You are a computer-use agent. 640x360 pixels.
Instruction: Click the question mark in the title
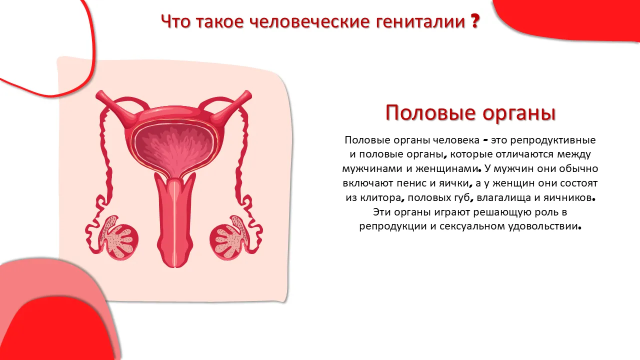pyautogui.click(x=475, y=21)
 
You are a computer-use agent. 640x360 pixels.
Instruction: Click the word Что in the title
pyautogui.click(x=175, y=21)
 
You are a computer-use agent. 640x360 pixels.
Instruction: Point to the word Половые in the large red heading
pyautogui.click(x=430, y=113)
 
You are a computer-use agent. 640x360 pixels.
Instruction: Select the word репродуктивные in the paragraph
pyautogui.click(x=553, y=140)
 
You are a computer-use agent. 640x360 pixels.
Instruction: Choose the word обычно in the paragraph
pyautogui.click(x=578, y=168)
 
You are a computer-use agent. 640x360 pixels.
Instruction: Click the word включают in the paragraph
pyautogui.click(x=368, y=183)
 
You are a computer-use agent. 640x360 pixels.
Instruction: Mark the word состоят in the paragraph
pyautogui.click(x=578, y=183)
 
